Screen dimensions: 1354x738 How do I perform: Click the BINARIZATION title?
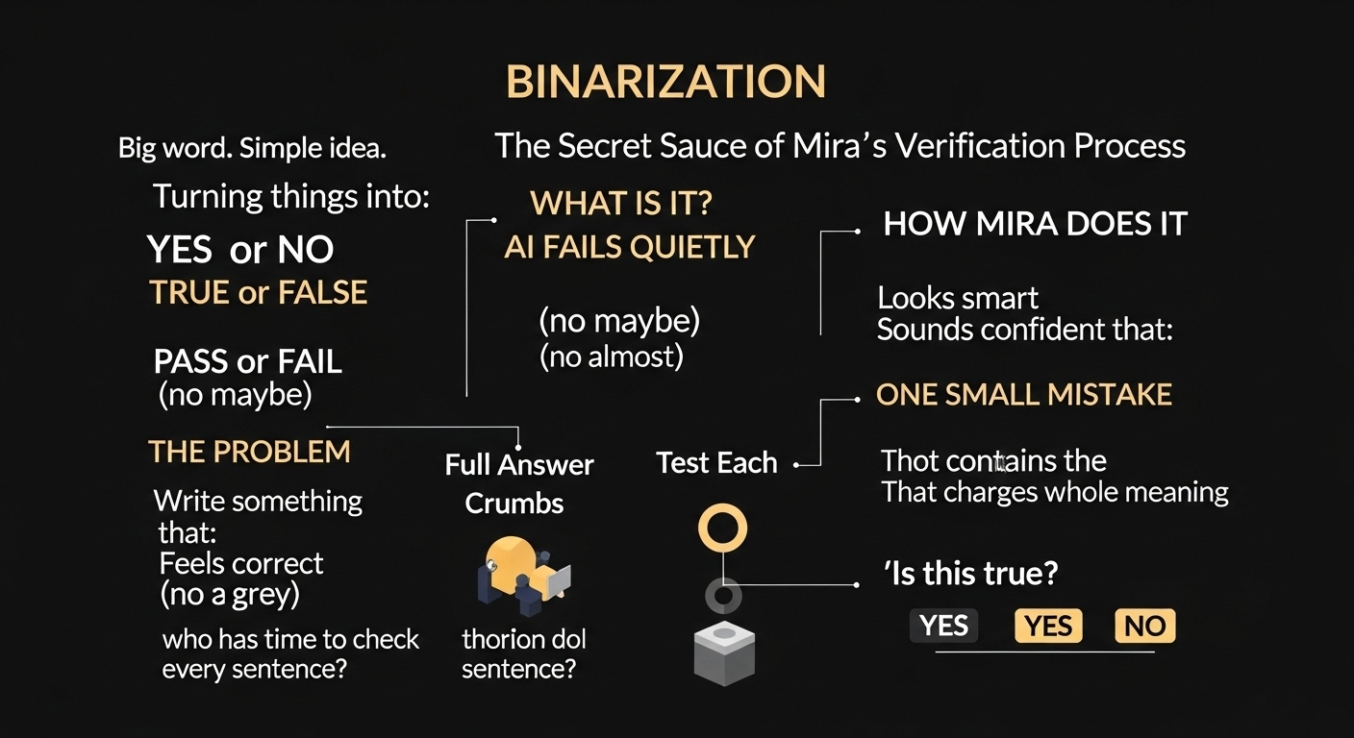pos(665,83)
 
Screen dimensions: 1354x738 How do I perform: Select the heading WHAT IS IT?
pos(621,203)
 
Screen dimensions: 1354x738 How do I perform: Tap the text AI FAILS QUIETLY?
pos(630,247)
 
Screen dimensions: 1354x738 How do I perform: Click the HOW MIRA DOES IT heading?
pos(1035,224)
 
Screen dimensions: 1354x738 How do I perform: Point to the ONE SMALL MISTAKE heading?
pos(1023,394)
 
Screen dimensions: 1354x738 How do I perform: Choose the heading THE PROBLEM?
pos(249,451)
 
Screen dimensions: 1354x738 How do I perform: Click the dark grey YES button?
pos(943,626)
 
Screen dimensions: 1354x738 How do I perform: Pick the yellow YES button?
pos(1048,626)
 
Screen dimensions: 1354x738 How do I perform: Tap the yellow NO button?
pos(1144,626)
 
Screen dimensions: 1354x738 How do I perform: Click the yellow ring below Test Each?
pos(722,528)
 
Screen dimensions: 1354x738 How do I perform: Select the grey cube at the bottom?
pos(724,653)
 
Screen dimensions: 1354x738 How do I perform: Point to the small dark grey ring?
pos(723,596)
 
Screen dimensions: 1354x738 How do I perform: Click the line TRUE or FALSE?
pos(258,292)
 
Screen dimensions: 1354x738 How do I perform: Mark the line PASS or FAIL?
pos(247,361)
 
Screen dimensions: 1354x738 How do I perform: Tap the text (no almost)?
pos(612,357)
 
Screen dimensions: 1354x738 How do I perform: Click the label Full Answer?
pos(519,465)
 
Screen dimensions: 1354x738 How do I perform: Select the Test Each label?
pos(716,463)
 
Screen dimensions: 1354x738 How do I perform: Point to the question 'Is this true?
pos(970,574)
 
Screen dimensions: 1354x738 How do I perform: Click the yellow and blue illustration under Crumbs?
pos(523,576)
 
